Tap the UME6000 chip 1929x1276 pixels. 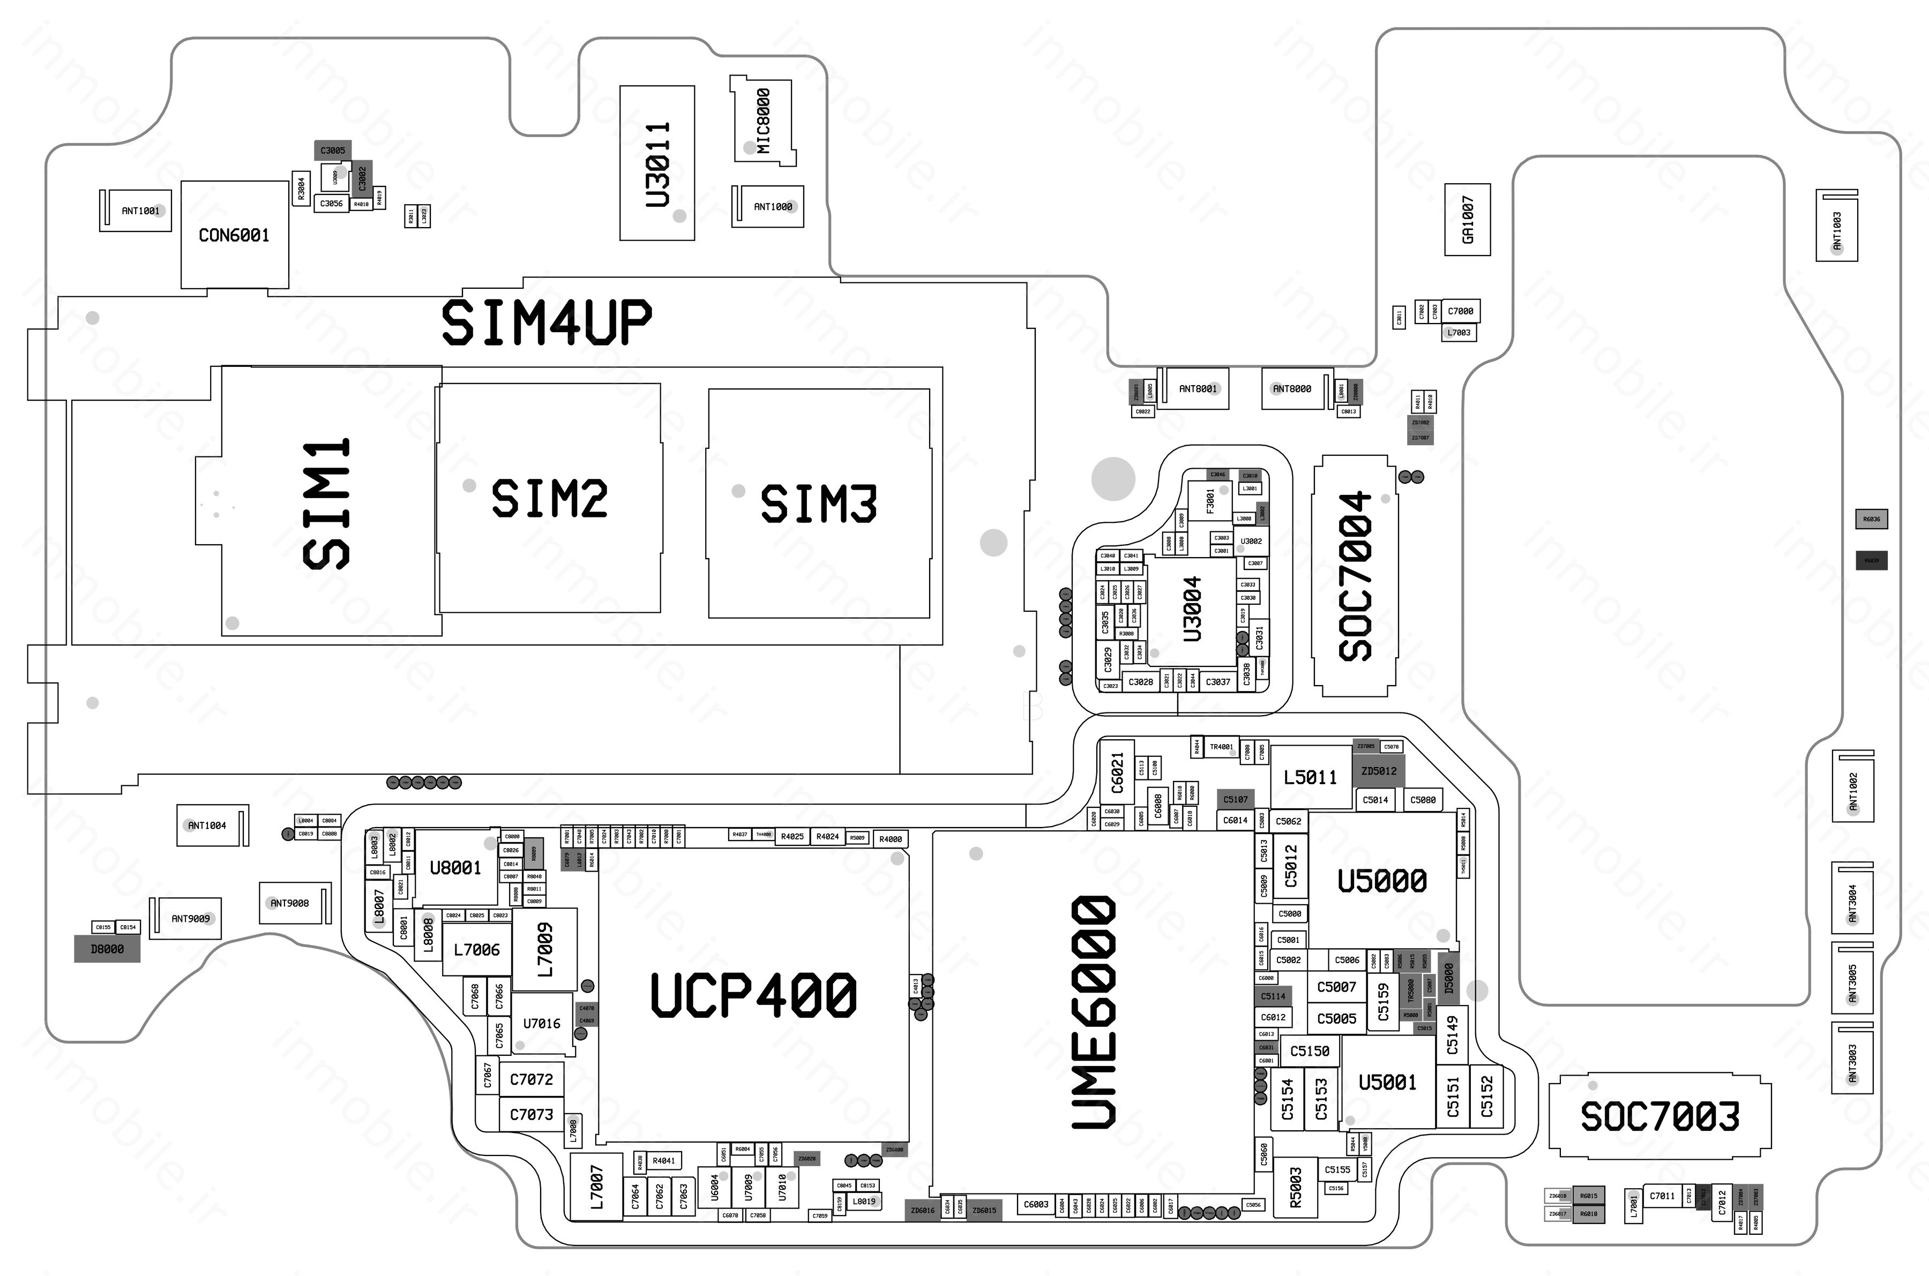coord(1093,1013)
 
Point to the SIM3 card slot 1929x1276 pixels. coord(819,503)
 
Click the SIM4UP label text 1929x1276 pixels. coord(546,322)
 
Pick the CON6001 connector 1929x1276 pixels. coord(234,235)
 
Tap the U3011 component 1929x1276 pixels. coord(657,163)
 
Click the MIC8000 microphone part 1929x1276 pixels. coord(762,121)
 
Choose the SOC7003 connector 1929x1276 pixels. coord(1659,1116)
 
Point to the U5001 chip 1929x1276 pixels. coord(1387,1082)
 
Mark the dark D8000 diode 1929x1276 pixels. coord(107,949)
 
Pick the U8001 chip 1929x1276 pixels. coord(455,867)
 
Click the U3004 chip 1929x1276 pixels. coord(1192,609)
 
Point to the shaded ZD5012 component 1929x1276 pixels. coord(1379,771)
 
